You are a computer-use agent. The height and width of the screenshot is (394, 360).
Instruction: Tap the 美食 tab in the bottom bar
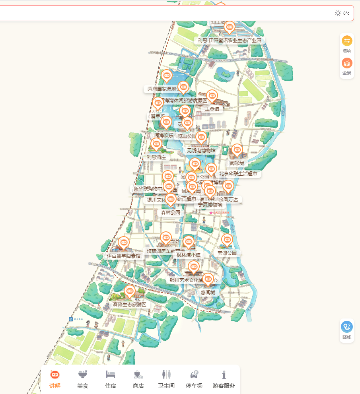point(83,379)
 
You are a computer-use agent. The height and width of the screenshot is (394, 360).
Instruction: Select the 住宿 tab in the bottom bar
point(111,379)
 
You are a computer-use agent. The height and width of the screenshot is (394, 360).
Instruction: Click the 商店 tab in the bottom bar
point(138,379)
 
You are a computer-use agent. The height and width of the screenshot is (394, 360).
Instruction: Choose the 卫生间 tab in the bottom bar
point(166,379)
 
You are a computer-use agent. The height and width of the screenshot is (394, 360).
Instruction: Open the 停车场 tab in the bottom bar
point(194,379)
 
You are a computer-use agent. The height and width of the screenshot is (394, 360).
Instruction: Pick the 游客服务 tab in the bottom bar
point(224,379)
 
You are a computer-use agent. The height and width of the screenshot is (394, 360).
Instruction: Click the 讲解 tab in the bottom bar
point(55,379)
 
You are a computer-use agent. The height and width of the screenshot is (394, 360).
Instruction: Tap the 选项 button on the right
point(347,44)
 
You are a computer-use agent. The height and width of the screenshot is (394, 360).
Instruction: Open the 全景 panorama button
point(347,66)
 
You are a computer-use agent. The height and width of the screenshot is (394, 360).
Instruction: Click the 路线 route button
point(347,330)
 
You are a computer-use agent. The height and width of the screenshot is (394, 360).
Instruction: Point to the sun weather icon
point(338,13)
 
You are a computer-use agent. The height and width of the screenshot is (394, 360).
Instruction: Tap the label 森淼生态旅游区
point(130,305)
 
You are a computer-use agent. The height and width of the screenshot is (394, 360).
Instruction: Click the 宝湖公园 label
point(227,253)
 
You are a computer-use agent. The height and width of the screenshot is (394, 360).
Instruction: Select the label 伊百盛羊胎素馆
point(124,256)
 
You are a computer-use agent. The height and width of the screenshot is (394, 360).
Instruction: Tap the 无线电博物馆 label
point(201,151)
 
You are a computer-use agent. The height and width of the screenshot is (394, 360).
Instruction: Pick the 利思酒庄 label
point(156,157)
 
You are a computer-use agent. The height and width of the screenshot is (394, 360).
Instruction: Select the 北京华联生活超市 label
point(238,174)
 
